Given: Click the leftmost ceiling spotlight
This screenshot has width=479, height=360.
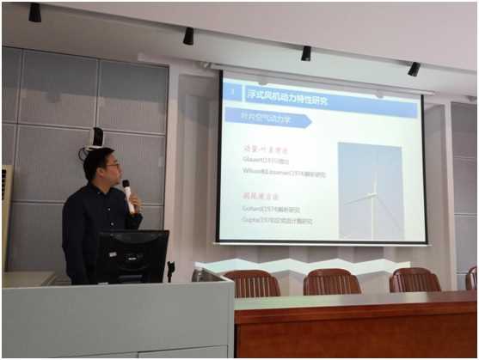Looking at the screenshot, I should click(x=34, y=13).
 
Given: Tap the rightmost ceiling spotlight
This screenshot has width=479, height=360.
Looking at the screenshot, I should click(x=414, y=69).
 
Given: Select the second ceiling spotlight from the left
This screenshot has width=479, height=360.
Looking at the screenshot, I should click(x=188, y=36).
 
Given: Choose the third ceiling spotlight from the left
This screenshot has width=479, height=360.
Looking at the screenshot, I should click(x=305, y=53).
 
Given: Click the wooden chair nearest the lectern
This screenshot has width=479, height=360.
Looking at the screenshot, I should click(x=252, y=283).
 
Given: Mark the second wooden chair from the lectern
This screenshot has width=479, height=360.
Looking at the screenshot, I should click(x=332, y=281).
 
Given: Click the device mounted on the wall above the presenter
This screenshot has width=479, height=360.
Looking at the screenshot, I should click(x=96, y=138).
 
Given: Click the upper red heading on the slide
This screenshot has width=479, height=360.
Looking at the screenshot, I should click(x=264, y=148).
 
